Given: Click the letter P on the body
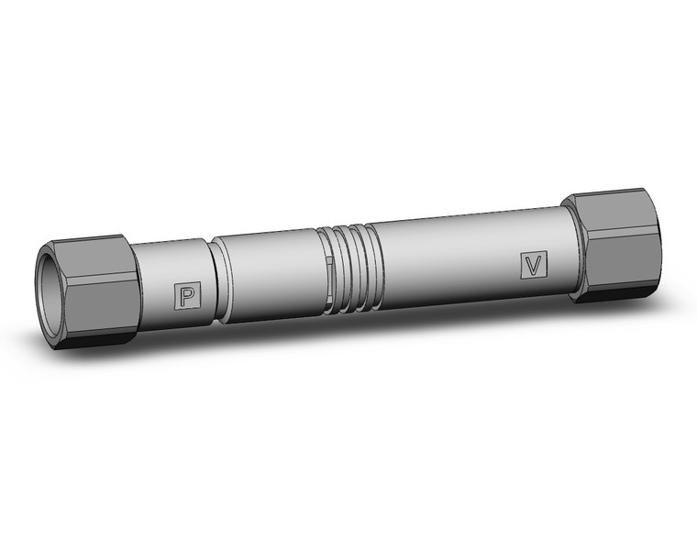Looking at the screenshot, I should point(187,295).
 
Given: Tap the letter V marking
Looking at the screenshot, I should point(532,264).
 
